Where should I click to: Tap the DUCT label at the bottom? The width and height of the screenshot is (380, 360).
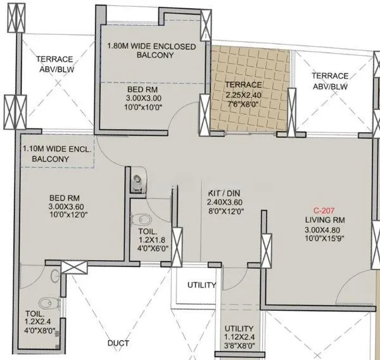(x=118, y=343)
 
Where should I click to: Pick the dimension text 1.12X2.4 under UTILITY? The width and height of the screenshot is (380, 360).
(x=239, y=337)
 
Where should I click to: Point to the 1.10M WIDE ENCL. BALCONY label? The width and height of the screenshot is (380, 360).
(x=58, y=154)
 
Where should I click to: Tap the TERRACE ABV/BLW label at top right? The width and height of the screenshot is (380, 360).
(x=329, y=81)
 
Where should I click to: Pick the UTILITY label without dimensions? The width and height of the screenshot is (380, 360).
(x=201, y=285)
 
